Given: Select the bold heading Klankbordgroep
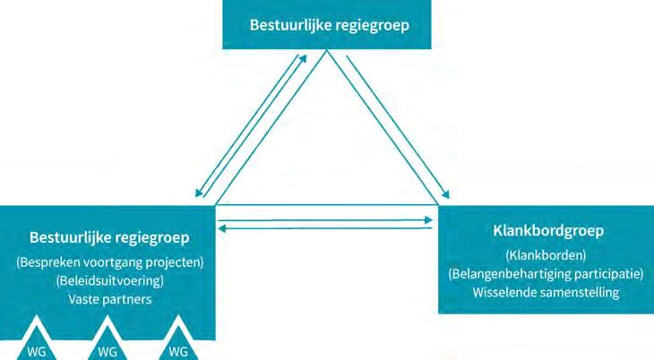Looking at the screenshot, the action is (x=548, y=231).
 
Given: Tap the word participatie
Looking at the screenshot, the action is (x=605, y=273).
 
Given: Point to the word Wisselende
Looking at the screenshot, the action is (x=506, y=292).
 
